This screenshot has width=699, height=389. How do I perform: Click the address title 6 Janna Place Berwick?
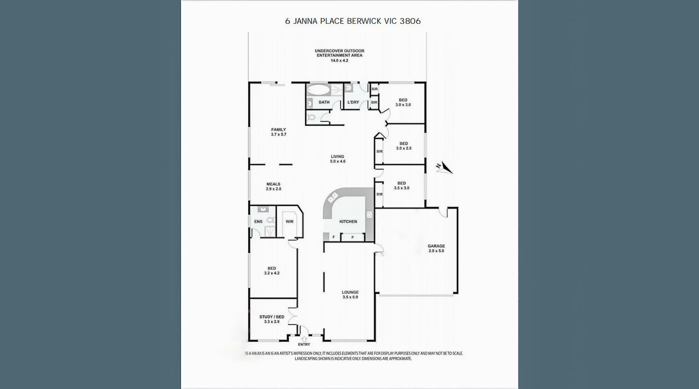pyautogui.click(x=352, y=21)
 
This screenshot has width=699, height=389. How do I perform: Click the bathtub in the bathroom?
pyautogui.click(x=318, y=90)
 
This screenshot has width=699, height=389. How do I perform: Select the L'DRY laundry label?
pyautogui.click(x=353, y=102)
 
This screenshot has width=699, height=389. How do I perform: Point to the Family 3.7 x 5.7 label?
pyautogui.click(x=279, y=132)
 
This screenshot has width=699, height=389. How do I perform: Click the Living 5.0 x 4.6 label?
pyautogui.click(x=337, y=159)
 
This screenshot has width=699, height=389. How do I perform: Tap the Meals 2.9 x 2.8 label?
pyautogui.click(x=273, y=186)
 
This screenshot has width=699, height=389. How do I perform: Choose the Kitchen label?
pyautogui.click(x=348, y=221)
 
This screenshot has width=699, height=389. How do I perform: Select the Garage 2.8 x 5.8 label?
pyautogui.click(x=436, y=248)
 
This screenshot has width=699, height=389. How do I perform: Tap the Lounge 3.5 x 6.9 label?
pyautogui.click(x=350, y=294)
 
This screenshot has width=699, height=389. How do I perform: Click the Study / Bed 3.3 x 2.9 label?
pyautogui.click(x=272, y=319)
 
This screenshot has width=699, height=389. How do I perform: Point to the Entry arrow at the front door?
pyautogui.click(x=304, y=339)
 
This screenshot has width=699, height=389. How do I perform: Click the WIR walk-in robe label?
pyautogui.click(x=289, y=221)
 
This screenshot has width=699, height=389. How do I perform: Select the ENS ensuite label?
pyautogui.click(x=258, y=221)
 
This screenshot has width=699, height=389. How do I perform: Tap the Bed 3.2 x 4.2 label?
pyautogui.click(x=272, y=271)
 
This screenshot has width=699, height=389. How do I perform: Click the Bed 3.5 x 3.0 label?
pyautogui.click(x=401, y=186)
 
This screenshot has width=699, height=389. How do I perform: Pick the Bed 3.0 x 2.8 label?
pyautogui.click(x=403, y=146)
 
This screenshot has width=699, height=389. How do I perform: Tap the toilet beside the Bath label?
pyautogui.click(x=311, y=117)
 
